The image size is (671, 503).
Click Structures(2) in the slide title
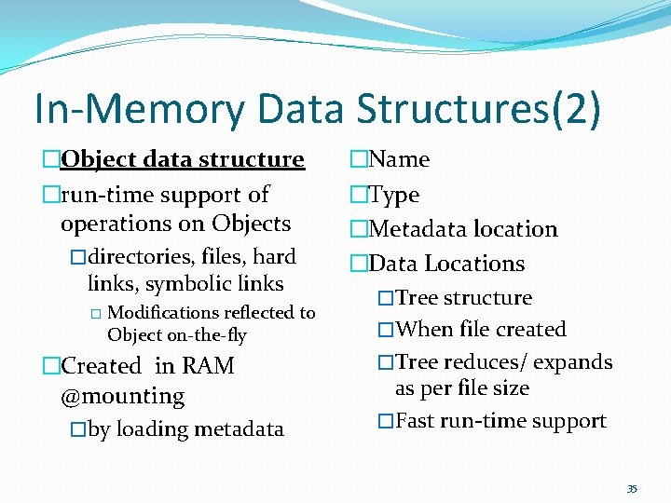pyautogui.click(x=478, y=109)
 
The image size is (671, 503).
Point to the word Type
pyautogui.click(x=394, y=195)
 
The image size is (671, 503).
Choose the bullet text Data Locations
pyautogui.click(x=446, y=264)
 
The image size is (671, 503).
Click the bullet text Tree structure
pyautogui.click(x=463, y=298)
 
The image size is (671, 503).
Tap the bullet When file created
pyautogui.click(x=481, y=330)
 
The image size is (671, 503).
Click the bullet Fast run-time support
pyautogui.click(x=500, y=421)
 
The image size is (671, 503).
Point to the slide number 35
pyautogui.click(x=632, y=489)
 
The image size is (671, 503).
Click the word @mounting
pyautogui.click(x=122, y=396)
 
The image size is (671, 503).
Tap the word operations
pyautogui.click(x=111, y=224)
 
